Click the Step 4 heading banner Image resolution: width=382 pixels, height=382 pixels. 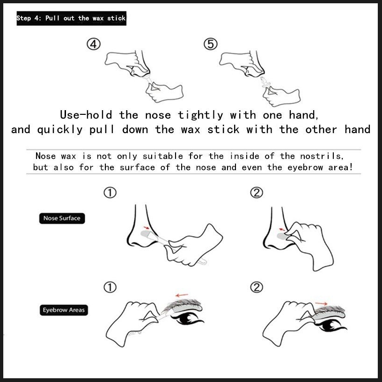click(71, 18)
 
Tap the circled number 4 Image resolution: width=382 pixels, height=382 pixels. click(94, 45)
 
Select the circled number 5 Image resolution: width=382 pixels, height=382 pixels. click(211, 45)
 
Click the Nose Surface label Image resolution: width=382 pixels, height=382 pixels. click(62, 218)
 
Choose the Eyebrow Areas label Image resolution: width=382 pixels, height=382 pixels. click(64, 310)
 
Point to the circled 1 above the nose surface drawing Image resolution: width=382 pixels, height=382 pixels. click(110, 193)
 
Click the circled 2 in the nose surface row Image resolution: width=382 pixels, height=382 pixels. click(257, 193)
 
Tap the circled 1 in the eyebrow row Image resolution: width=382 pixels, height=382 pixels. click(110, 287)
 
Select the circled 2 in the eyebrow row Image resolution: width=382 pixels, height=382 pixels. click(257, 287)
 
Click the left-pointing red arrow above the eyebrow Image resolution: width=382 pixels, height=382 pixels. click(182, 295)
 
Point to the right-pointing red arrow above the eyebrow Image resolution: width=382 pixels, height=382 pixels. click(321, 303)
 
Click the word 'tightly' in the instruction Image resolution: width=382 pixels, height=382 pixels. click(200, 115)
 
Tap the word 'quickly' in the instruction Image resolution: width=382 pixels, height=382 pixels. click(60, 129)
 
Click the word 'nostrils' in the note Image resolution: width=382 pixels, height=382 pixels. click(322, 156)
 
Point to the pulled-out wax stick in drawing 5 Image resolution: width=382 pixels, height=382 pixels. click(265, 82)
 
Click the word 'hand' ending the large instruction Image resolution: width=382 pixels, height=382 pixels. click(357, 129)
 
